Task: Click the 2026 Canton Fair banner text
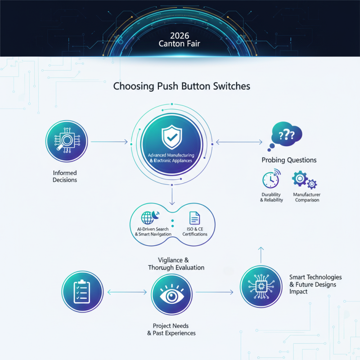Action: pyautogui.click(x=180, y=40)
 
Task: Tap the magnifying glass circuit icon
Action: pyautogui.click(x=67, y=142)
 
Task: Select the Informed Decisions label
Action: pyautogui.click(x=65, y=176)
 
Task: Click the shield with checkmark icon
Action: pyautogui.click(x=172, y=137)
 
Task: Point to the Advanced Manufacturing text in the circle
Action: pyautogui.click(x=172, y=154)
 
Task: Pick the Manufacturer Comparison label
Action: pyautogui.click(x=307, y=197)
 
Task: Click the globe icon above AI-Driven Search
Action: pyautogui.click(x=148, y=217)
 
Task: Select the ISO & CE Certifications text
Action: pyautogui.click(x=195, y=232)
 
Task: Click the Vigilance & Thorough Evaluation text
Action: pyautogui.click(x=176, y=264)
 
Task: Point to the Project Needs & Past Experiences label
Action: pyautogui.click(x=171, y=329)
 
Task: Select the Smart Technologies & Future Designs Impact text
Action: pyautogui.click(x=315, y=284)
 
